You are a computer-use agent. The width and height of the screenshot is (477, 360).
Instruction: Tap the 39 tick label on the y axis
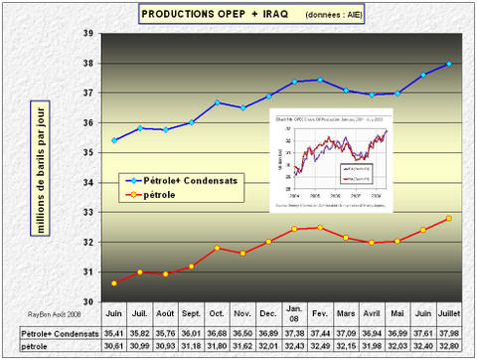click(87, 34)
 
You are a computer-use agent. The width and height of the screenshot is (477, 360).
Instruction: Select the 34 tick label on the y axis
click(87, 183)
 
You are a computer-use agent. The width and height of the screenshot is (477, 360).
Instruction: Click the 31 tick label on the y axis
click(87, 272)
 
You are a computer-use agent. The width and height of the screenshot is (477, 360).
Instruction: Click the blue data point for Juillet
click(449, 64)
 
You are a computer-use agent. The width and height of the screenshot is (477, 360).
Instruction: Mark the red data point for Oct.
click(218, 248)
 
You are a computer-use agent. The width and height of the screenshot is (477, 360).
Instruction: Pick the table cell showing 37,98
click(449, 333)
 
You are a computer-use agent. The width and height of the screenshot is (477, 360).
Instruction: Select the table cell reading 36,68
click(218, 333)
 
